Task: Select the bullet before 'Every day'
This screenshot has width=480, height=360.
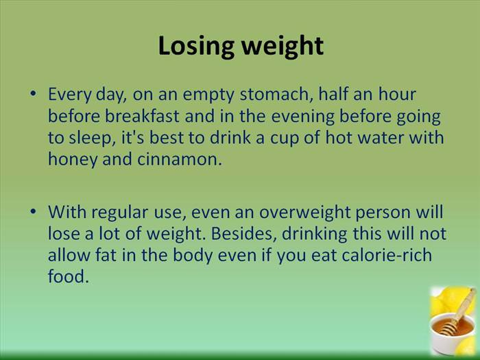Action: tap(33, 93)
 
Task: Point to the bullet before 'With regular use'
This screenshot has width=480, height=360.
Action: tap(33, 211)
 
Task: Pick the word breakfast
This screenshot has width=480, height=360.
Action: tap(142, 116)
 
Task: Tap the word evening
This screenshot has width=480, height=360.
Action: tap(303, 117)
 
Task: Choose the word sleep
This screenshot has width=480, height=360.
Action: tap(91, 138)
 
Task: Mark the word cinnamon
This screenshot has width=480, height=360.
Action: tap(179, 160)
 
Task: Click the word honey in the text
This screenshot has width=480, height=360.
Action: tap(73, 160)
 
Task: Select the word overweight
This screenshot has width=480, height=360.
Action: tap(304, 213)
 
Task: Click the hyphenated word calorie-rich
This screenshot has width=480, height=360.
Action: tap(387, 255)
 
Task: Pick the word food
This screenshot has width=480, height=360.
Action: tap(68, 276)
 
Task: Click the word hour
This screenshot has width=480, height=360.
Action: tap(397, 94)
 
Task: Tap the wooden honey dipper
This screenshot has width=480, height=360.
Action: tap(457, 312)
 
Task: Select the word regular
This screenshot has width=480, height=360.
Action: tap(120, 213)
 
